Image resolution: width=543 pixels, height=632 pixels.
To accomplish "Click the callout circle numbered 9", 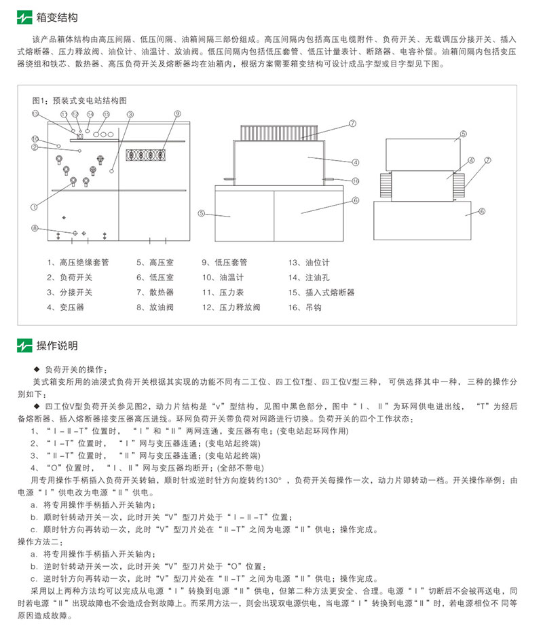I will coord(176,114).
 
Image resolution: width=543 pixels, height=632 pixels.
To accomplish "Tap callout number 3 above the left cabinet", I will coord(130,114).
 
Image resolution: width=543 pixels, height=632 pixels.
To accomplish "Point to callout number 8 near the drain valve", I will coord(35,228).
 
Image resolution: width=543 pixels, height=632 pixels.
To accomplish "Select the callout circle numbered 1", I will coord(34,205).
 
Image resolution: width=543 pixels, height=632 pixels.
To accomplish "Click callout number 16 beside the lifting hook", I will coord(354,180).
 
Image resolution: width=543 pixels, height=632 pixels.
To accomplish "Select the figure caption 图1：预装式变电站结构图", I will coord(79,99).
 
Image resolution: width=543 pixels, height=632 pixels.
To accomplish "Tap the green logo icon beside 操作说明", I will coord(24,346).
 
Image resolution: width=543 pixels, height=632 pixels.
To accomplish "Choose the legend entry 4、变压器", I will coord(66,307).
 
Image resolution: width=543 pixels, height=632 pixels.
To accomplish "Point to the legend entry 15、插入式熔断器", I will coord(321,292).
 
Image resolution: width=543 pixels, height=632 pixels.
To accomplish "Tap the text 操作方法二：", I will coord(41,541).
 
